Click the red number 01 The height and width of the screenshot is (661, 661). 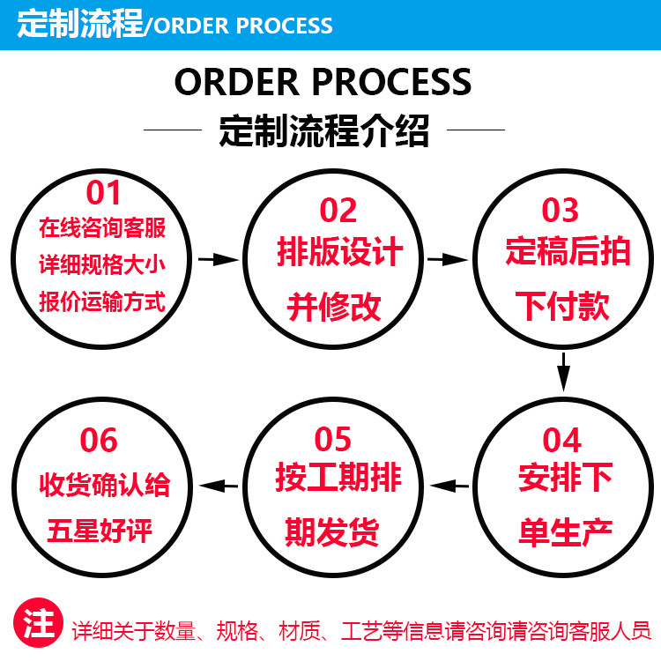tap(103, 193)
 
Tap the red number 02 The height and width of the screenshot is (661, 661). tap(338, 210)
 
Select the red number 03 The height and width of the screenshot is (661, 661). tap(560, 210)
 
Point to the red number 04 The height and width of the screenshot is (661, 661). tap(562, 440)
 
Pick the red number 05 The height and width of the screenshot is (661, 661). tap(332, 439)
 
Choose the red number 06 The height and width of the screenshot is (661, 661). tap(99, 440)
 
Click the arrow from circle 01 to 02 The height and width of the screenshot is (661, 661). tap(219, 259)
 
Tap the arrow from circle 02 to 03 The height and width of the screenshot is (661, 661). tap(448, 259)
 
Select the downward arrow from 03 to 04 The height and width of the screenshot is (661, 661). tap(563, 372)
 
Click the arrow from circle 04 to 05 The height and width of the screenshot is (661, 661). tap(449, 486)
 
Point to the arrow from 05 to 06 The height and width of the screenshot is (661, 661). tap(219, 486)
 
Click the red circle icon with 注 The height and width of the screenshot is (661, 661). tap(39, 622)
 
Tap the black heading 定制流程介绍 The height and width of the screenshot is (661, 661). tap(324, 130)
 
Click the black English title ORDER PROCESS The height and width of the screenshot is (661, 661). tap(323, 82)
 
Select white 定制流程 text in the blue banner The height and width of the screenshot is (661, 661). tap(80, 24)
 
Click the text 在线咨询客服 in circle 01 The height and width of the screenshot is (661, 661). tap(102, 228)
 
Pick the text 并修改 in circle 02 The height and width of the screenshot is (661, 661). tap(334, 307)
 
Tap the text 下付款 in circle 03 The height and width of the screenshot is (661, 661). tap(562, 306)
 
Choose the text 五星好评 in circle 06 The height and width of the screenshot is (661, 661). tap(100, 531)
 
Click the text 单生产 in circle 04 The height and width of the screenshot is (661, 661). tap(566, 532)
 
